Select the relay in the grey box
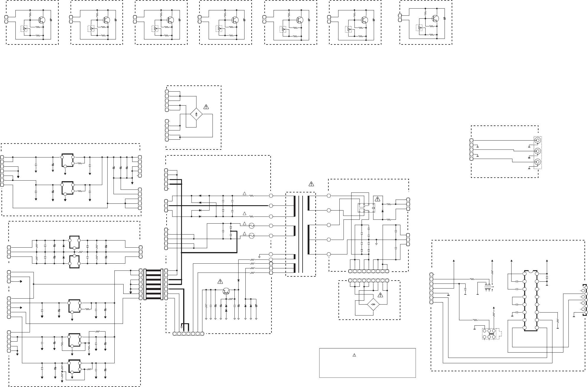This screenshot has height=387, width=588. click(x=366, y=208)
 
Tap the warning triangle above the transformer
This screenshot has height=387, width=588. click(x=311, y=184)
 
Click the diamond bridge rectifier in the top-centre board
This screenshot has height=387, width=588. click(x=196, y=114)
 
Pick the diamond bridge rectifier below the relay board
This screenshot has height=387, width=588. click(x=373, y=305)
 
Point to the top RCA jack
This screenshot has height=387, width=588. click(x=537, y=140)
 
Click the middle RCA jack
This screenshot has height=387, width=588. click(x=537, y=151)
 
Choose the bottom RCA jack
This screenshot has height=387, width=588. click(x=537, y=162)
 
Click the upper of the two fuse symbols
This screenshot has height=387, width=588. click(x=251, y=226)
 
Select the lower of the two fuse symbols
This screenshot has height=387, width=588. click(x=251, y=236)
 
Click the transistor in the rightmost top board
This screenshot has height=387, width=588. click(x=435, y=18)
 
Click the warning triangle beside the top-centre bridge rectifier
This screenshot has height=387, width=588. click(x=206, y=106)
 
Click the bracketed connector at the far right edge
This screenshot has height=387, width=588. click(x=584, y=304)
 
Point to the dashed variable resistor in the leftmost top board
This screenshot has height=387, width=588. click(x=24, y=29)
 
